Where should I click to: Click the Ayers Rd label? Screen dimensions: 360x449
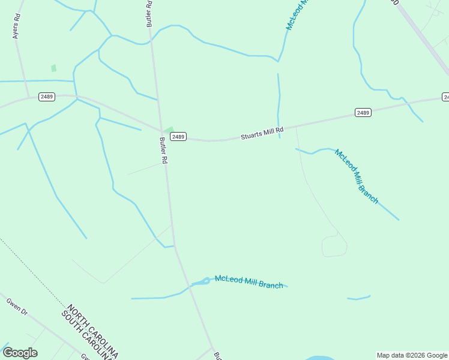click(17, 26)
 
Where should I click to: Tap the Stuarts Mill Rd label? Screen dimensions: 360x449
click(262, 133)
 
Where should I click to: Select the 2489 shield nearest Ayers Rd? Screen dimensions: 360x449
click(47, 97)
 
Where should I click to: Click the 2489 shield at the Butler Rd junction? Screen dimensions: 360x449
click(178, 137)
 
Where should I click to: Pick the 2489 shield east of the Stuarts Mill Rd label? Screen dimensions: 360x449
click(363, 112)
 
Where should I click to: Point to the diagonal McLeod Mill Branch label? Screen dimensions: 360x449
click(357, 176)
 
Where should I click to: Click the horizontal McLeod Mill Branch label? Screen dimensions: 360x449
click(249, 281)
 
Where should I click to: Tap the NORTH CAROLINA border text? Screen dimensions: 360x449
click(94, 329)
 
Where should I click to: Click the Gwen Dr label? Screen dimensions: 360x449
click(17, 307)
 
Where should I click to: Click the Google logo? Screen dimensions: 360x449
click(20, 353)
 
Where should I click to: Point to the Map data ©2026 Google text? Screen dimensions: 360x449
click(412, 355)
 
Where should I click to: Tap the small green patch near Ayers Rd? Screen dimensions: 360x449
click(53, 68)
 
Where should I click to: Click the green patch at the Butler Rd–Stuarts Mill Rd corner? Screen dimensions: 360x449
click(169, 130)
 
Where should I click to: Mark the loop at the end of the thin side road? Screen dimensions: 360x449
click(334, 246)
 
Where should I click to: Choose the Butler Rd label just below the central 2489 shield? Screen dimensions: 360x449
click(163, 151)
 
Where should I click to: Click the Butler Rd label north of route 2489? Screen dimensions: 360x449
click(149, 13)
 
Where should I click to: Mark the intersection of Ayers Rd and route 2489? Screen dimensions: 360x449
click(28, 97)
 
